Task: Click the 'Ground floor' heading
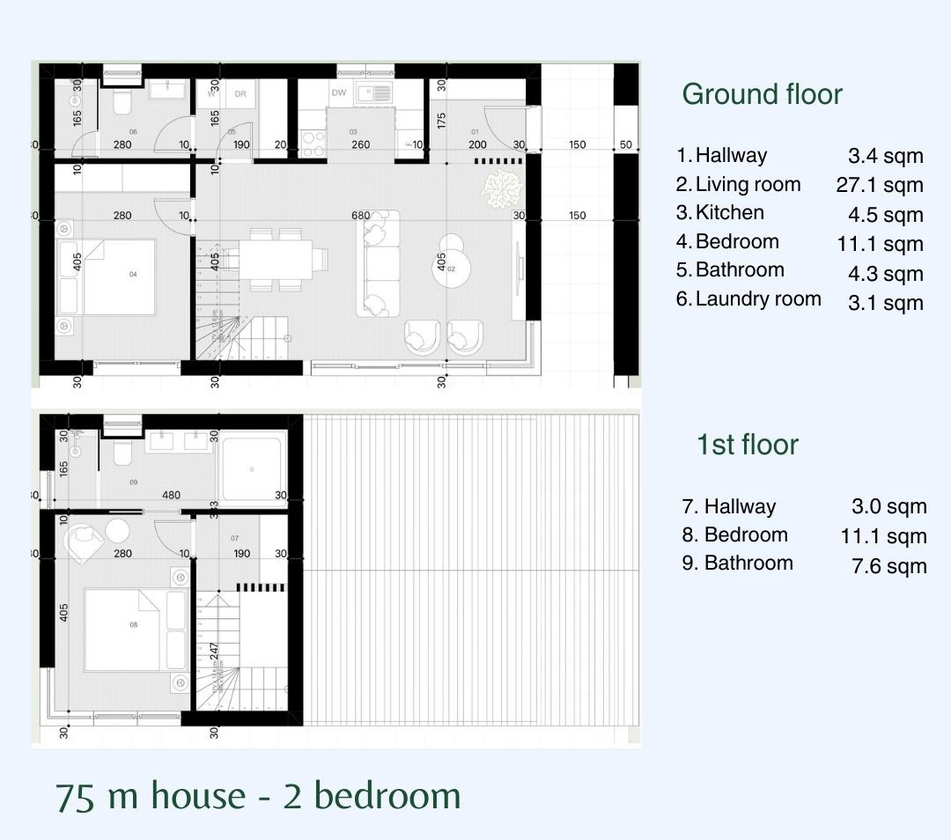pos(762,94)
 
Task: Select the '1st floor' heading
pos(747,445)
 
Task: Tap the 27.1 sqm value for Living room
pos(879,185)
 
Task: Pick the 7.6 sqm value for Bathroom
pos(888,566)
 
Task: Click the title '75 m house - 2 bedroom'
pos(258,795)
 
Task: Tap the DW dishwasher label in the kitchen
pos(339,92)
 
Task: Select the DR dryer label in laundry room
pos(240,94)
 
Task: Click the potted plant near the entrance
pos(499,188)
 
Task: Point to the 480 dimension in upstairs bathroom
pos(171,495)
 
